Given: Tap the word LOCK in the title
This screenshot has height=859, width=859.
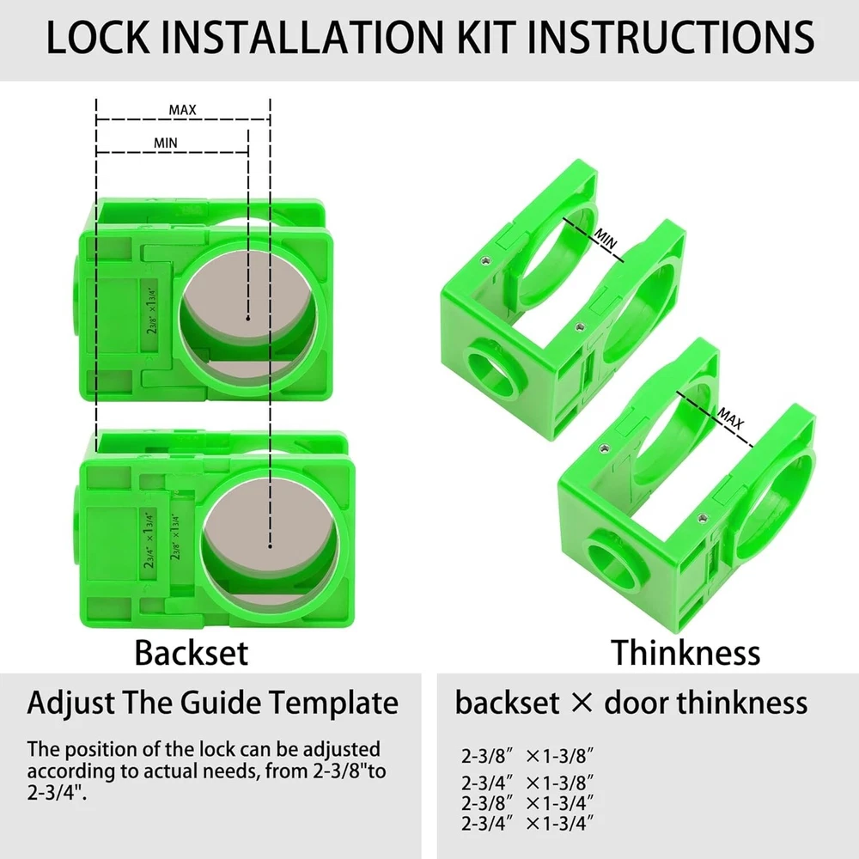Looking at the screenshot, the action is (98, 37).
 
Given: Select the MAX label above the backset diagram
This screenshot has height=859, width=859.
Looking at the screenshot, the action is (182, 110).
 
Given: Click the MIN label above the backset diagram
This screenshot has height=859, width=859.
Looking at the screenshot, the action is (166, 143).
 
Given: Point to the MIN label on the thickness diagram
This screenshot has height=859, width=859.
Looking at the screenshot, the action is (606, 239).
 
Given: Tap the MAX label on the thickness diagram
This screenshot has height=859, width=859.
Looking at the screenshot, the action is (731, 418).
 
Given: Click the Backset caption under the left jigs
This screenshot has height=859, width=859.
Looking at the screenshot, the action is (192, 653).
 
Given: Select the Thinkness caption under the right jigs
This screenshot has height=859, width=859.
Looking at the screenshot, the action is (685, 653).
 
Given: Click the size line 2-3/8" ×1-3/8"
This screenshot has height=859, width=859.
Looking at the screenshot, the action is (527, 756).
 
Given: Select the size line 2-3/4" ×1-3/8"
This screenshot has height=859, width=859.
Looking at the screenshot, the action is (527, 783).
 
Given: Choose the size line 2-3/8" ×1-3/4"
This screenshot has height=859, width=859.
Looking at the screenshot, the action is (527, 803).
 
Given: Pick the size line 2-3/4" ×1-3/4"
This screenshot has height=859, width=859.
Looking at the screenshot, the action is (527, 824).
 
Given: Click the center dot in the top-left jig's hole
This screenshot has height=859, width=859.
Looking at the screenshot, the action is (248, 318).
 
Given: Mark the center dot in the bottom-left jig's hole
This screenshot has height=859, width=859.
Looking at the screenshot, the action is (270, 545).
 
